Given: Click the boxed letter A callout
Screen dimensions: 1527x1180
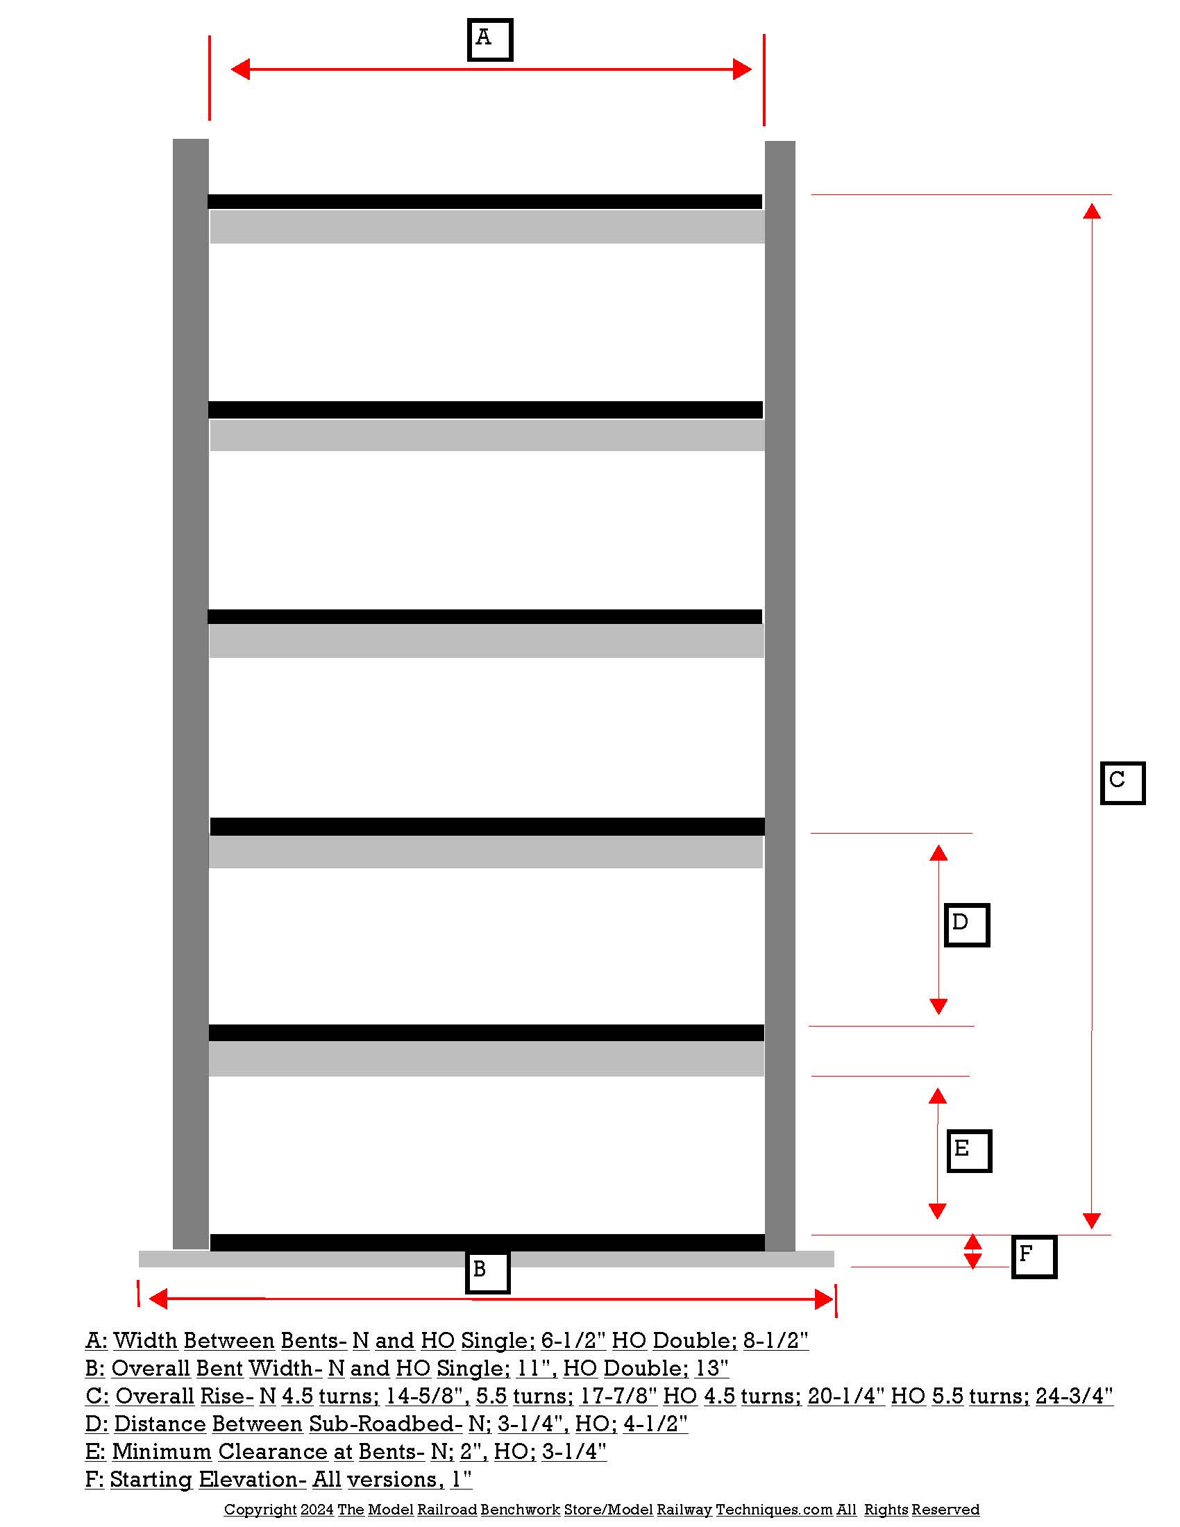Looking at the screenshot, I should coord(489,40).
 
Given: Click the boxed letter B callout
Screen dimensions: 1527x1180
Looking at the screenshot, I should coord(487,1272).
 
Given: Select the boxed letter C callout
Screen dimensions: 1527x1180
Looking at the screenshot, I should coord(1122,783).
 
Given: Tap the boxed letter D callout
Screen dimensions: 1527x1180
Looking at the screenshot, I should coord(966,925).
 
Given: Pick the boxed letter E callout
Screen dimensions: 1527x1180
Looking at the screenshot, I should coord(969,1150).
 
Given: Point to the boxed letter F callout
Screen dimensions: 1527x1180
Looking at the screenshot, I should coord(1034,1256).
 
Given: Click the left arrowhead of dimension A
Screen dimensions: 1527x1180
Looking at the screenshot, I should coord(240,69).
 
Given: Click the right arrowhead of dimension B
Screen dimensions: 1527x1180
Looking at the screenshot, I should coord(824,1299).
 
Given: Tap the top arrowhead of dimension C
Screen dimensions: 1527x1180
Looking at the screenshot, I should coord(1092,211).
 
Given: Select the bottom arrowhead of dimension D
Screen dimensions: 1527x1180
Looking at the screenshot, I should coord(938,1006).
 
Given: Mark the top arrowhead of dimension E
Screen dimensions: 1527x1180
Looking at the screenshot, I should coord(938,1096).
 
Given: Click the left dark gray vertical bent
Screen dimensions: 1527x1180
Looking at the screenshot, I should coord(190,692).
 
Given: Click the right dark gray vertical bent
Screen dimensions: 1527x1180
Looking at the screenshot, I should coord(779,692).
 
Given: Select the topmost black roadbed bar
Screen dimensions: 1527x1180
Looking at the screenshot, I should coord(484,201).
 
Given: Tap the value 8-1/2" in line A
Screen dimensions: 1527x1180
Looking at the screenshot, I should coord(775,1340).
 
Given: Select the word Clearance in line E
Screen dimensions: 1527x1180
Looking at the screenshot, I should coord(273,1451).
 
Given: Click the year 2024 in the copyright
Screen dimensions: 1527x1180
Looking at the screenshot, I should coord(317,1509).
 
